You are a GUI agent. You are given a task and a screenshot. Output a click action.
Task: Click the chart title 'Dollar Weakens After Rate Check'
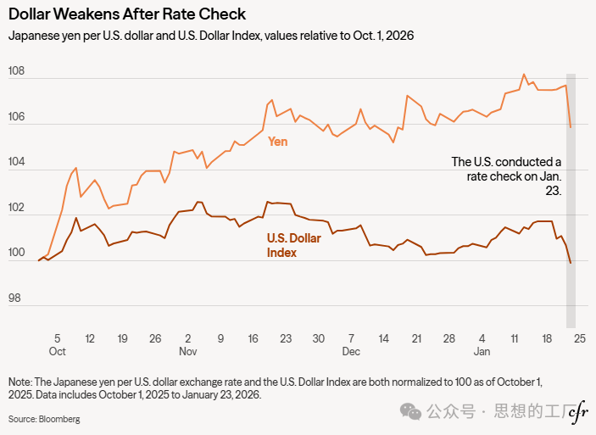tap(127, 14)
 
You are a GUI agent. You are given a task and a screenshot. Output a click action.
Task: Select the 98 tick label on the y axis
tap(17, 298)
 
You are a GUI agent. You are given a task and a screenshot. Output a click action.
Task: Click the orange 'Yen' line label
tap(277, 142)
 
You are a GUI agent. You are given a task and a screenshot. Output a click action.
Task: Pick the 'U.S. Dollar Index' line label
tap(293, 245)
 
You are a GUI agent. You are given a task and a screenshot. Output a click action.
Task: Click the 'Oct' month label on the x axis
tap(58, 351)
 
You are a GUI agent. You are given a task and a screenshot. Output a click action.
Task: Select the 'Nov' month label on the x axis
tap(187, 351)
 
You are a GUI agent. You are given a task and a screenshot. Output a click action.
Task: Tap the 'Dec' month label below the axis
tap(351, 351)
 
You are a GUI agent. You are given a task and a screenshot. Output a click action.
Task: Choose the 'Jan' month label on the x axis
tap(482, 351)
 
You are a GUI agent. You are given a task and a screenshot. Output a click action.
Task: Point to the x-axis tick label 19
tap(123, 338)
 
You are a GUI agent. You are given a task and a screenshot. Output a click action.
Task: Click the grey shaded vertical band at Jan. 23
tap(571, 254)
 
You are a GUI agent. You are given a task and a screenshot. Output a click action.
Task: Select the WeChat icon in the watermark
tap(412, 412)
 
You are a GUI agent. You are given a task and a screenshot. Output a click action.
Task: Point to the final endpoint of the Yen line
tap(571, 127)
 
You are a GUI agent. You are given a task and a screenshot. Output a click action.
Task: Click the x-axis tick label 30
tap(318, 338)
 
